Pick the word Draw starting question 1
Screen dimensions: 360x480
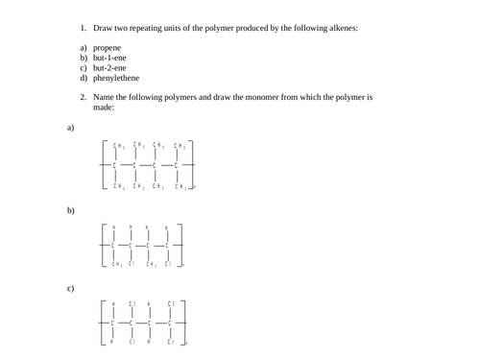pos(104,28)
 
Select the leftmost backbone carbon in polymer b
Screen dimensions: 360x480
pos(113,246)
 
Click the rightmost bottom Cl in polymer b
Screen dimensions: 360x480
pos(168,264)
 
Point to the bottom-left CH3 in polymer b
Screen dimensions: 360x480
pos(115,264)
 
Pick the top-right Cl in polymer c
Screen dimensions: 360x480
pos(171,304)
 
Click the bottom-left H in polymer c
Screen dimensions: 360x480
pos(112,342)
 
